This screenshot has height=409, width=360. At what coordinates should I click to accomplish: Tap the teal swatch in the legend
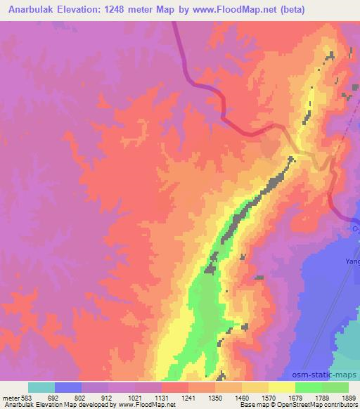[x=41, y=387]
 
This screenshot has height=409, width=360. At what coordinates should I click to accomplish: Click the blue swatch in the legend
[x=68, y=387]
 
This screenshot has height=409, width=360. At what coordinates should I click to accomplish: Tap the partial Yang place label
[x=352, y=261]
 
